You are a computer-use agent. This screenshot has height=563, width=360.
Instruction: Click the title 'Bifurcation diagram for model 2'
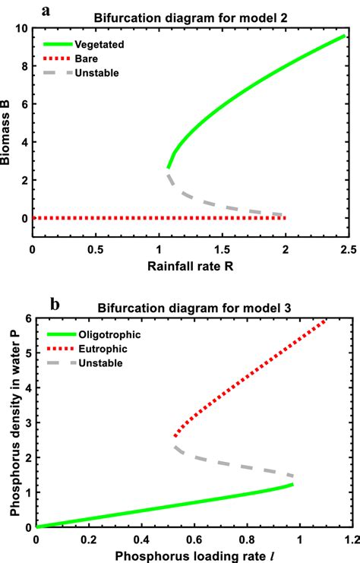194,17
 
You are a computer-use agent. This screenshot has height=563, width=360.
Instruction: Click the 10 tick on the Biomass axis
24,28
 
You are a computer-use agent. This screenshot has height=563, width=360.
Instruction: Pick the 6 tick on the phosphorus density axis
28,318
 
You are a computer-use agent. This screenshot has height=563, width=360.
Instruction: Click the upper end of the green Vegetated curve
345,36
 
